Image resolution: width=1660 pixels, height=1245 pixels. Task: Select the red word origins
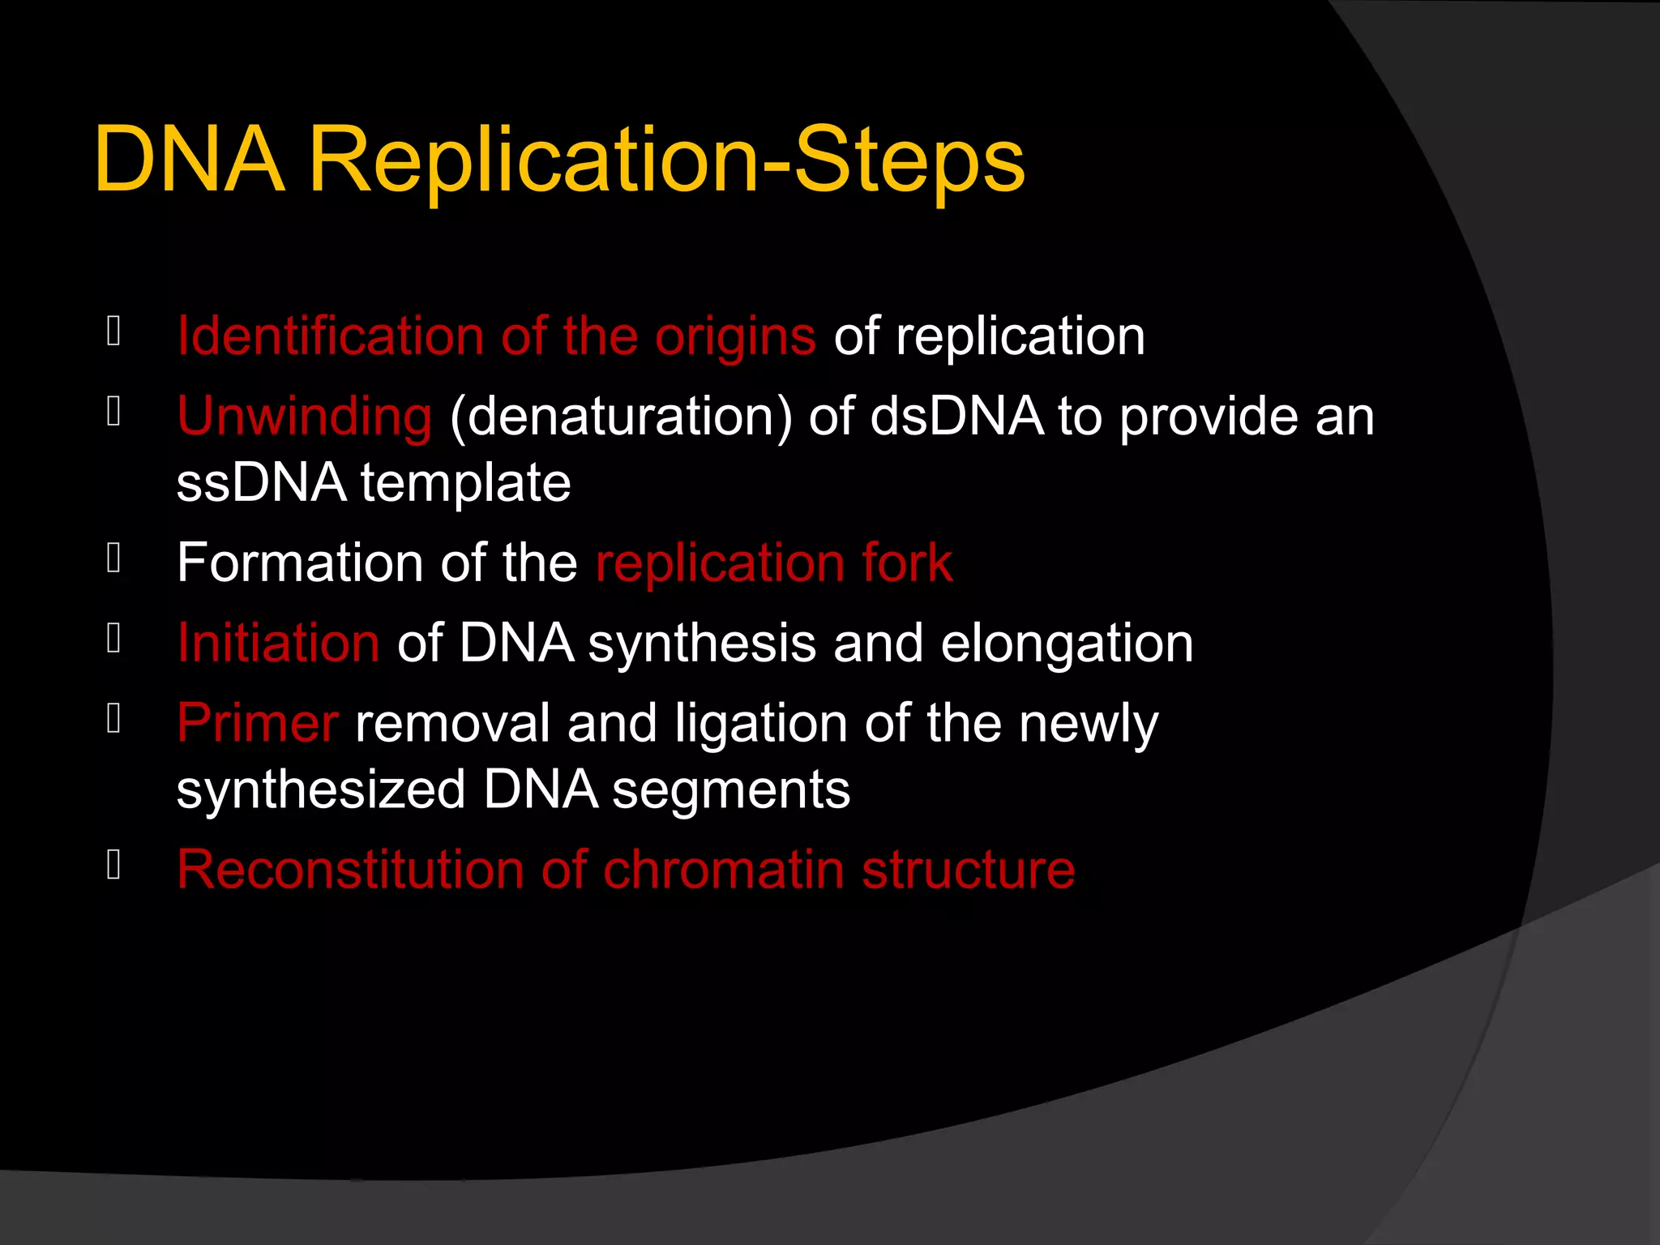(x=735, y=337)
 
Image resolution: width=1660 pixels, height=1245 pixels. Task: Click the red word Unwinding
(x=305, y=417)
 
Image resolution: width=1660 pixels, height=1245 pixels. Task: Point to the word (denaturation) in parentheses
(x=621, y=417)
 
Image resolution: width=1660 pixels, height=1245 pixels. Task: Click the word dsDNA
(x=957, y=416)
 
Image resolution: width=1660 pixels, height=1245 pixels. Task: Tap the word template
(x=466, y=484)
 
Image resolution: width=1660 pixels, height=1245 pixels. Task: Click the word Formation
(x=300, y=563)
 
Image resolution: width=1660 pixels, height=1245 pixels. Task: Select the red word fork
(x=907, y=563)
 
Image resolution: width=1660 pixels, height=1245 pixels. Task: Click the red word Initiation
(x=278, y=643)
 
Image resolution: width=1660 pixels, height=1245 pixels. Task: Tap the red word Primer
(x=257, y=723)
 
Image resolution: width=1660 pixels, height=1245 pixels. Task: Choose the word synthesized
(x=321, y=790)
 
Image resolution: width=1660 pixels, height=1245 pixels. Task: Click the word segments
(x=731, y=791)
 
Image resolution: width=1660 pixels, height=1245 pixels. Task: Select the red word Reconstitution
(x=350, y=870)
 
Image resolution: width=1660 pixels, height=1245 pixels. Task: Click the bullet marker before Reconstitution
(x=113, y=865)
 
